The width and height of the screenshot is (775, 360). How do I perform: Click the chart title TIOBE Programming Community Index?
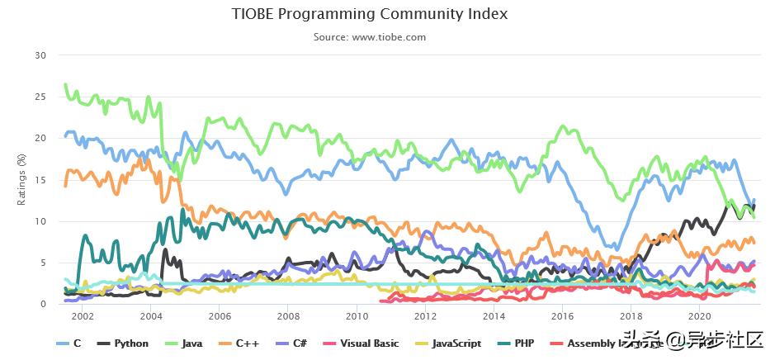[x=370, y=14]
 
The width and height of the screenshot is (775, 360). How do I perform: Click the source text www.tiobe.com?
[x=370, y=37]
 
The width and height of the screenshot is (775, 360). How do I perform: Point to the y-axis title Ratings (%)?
[x=21, y=180]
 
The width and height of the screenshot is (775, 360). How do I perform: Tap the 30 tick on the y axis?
[x=40, y=55]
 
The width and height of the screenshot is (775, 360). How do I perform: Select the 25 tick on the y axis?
[x=40, y=97]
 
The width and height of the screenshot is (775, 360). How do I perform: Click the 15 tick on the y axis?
[x=40, y=180]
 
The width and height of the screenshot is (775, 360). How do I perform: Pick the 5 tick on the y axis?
[x=43, y=263]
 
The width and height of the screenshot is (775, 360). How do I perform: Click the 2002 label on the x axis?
[x=83, y=316]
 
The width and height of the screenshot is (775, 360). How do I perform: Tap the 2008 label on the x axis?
[x=288, y=316]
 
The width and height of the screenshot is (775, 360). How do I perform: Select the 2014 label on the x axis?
[x=494, y=316]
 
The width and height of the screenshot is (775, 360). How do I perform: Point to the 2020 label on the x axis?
[x=699, y=316]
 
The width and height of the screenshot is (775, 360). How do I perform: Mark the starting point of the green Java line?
[x=65, y=85]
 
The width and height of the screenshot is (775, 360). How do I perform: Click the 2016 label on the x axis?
[x=562, y=316]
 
